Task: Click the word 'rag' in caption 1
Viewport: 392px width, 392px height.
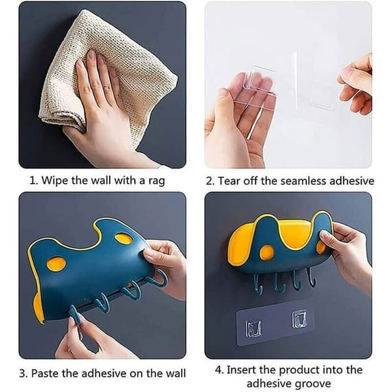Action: coord(157,181)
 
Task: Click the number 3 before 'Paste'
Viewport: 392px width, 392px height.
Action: coord(24,374)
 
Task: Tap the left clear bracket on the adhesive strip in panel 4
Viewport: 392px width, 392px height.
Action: coord(253,328)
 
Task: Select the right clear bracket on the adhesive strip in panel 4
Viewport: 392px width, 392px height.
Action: coord(299,318)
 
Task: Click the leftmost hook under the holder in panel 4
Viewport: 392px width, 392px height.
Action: coord(258,284)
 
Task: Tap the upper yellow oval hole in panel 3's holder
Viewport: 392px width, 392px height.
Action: coord(123,238)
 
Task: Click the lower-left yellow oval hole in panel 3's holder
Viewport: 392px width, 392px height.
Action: coord(56,264)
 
